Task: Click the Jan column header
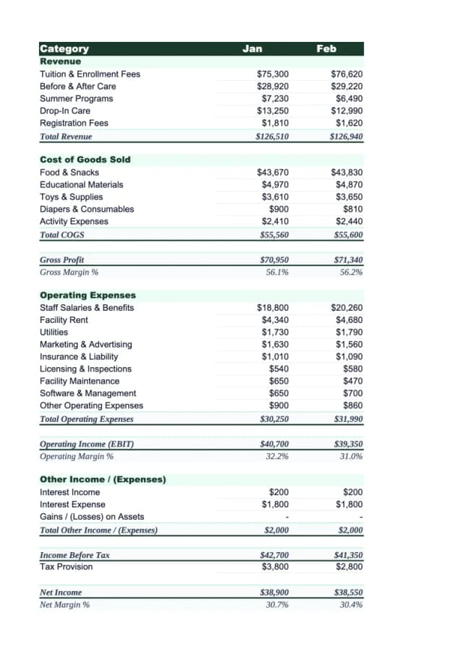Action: tap(252, 49)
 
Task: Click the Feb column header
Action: tap(326, 49)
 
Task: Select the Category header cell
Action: tap(64, 49)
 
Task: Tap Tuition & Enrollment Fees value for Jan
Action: tap(273, 74)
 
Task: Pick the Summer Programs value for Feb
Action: tap(347, 99)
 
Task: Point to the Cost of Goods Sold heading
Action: tap(85, 160)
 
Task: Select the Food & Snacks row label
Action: tap(69, 173)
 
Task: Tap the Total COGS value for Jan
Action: tap(274, 235)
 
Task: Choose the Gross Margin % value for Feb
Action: tap(351, 272)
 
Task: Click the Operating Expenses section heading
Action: tap(88, 296)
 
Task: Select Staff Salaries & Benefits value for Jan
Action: tap(273, 308)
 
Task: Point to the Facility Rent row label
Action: tap(64, 320)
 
